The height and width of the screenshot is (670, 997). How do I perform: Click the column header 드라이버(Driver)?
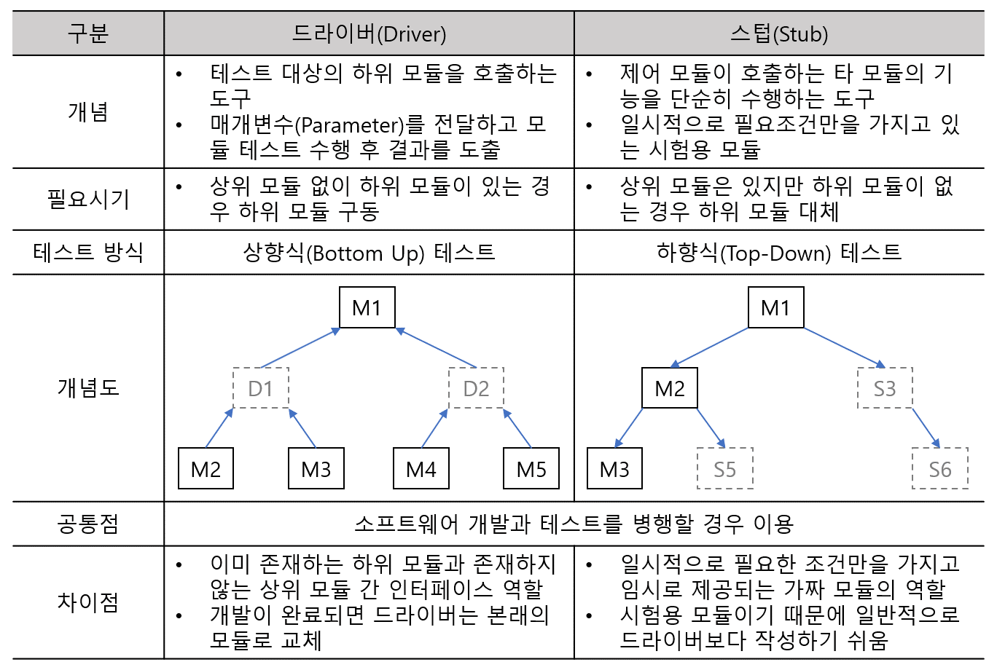369,33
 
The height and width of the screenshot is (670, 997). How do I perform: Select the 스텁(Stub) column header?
779,33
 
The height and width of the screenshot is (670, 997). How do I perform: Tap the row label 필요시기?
88,199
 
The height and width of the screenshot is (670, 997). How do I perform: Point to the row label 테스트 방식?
88,252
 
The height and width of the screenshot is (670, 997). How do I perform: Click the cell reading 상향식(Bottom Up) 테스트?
369,252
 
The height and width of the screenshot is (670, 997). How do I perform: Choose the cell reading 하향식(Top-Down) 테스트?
779,252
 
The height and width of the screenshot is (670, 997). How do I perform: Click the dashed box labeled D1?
260,388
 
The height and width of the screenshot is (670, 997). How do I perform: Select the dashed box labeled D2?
476,388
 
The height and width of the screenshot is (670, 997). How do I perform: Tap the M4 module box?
421,468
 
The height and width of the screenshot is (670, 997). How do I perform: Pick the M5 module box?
531,468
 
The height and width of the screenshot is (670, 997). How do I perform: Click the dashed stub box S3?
885,388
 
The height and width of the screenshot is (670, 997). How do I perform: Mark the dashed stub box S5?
724,468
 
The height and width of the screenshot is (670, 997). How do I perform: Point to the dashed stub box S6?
940,468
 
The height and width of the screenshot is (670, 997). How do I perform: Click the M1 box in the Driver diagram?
367,307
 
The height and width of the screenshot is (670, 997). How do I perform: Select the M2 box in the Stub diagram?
669,388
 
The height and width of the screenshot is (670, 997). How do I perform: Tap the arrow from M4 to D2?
434,428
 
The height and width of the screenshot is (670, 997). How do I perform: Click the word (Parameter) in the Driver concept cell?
349,125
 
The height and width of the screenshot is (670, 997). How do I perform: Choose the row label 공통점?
88,523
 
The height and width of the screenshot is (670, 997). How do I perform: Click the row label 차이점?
88,602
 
